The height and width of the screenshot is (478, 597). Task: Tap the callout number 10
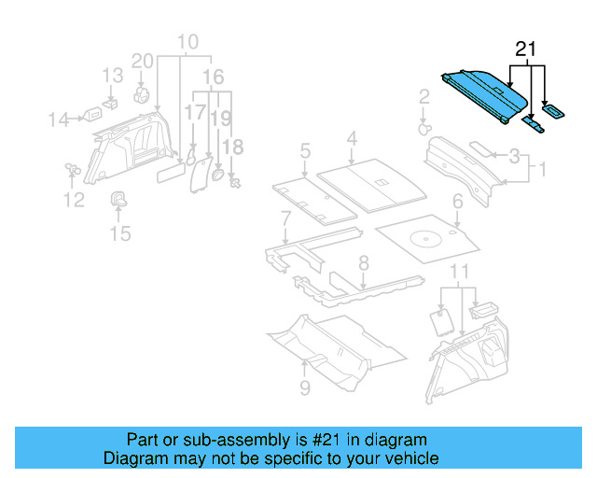[187, 42]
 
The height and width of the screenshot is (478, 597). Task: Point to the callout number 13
[112, 75]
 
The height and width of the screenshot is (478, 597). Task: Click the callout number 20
[142, 61]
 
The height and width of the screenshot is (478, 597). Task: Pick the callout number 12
[74, 199]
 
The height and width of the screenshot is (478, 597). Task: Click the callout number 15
[120, 232]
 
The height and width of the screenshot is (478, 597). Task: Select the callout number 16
[214, 76]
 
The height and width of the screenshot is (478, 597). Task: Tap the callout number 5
[305, 149]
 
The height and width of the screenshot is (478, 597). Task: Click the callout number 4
[351, 139]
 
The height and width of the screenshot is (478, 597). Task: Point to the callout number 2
[423, 96]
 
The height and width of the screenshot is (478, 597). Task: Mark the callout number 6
[457, 202]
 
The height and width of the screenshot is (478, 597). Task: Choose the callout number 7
[285, 218]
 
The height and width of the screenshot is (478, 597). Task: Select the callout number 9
[304, 387]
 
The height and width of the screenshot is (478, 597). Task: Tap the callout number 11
[457, 272]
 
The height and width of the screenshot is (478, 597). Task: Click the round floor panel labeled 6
[428, 237]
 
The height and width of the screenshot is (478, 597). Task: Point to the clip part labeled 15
[120, 199]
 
